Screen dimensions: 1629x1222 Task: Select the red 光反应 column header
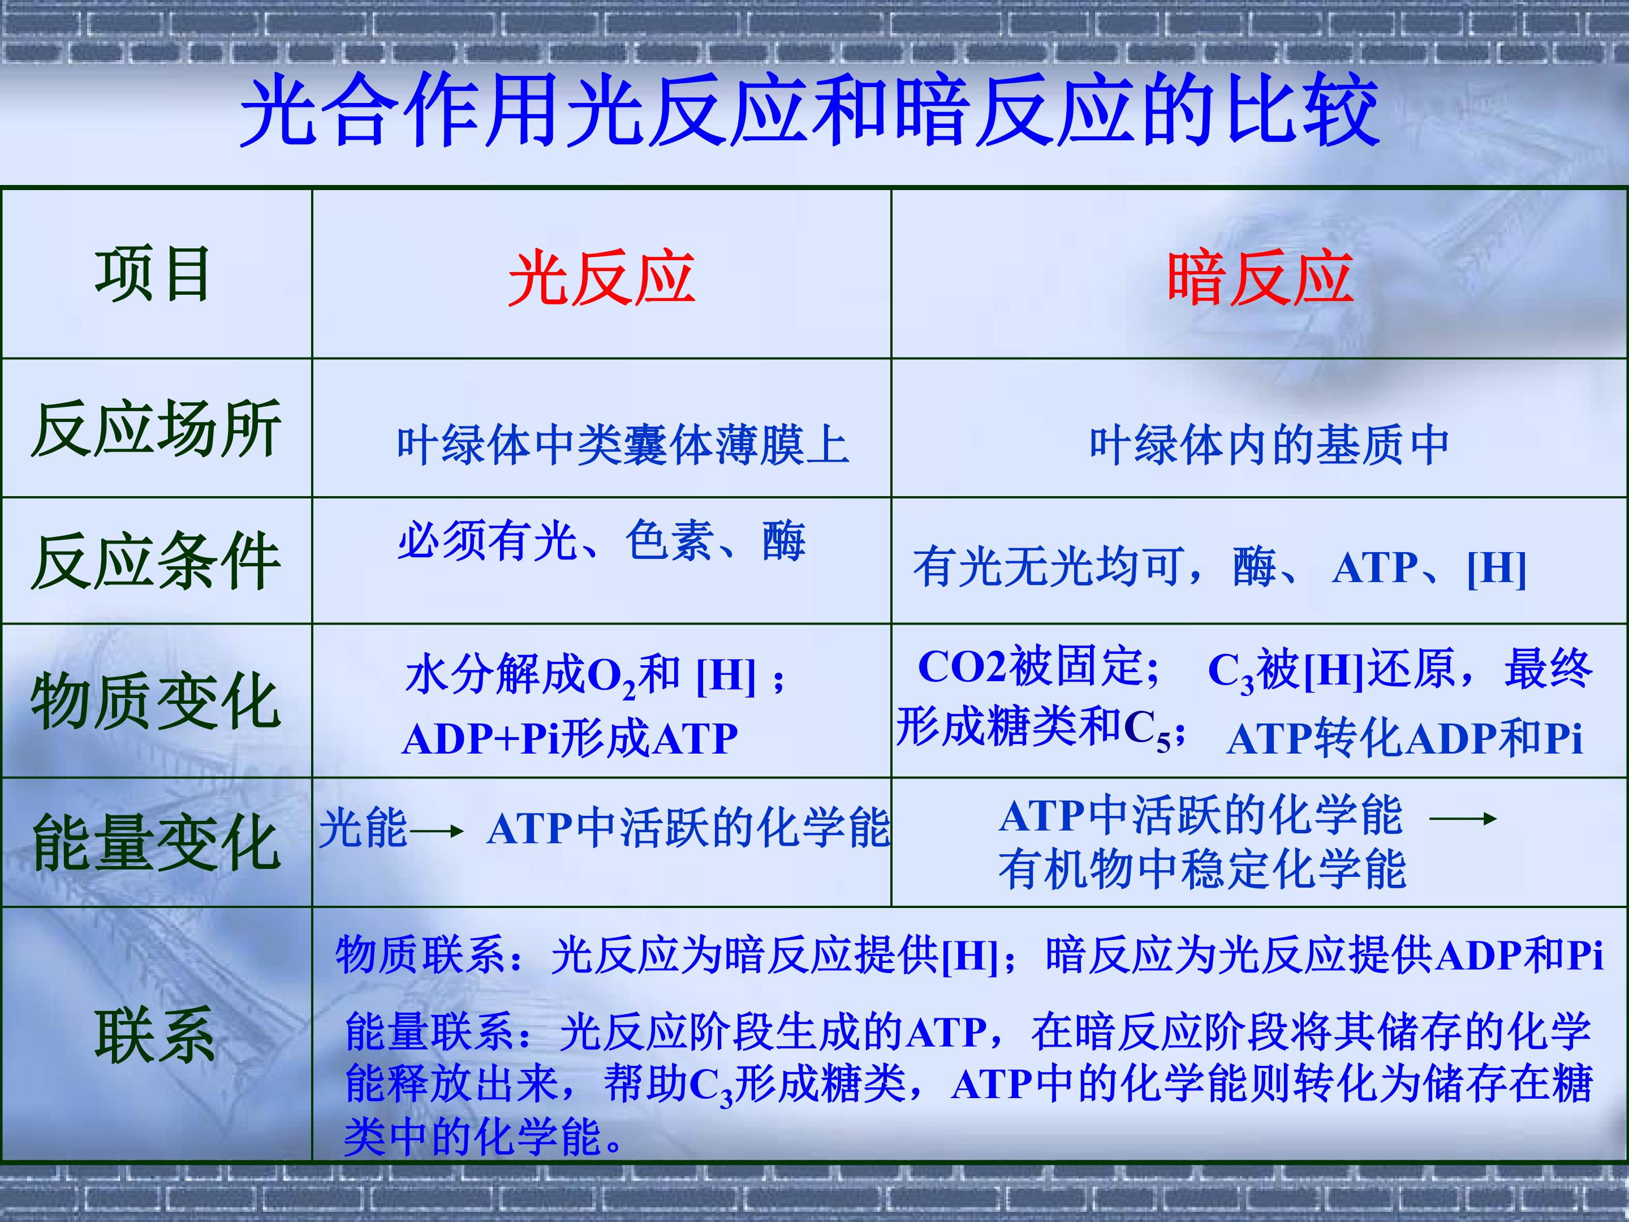click(x=602, y=278)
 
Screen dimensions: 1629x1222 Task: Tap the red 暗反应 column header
click(x=1260, y=278)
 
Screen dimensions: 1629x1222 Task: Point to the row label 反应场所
click(x=156, y=429)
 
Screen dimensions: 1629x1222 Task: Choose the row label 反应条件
click(x=156, y=561)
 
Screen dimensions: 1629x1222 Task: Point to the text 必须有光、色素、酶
click(x=602, y=541)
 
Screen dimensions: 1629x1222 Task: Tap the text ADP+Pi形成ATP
click(x=569, y=738)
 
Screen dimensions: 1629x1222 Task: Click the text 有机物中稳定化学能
click(x=1202, y=869)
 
